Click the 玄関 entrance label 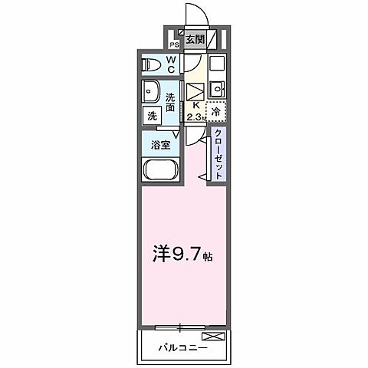click(x=195, y=40)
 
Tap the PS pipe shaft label click(x=174, y=44)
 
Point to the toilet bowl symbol click(x=150, y=64)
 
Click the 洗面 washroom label click(x=171, y=100)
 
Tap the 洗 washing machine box click(x=150, y=116)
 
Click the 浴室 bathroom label click(x=160, y=143)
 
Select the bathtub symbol click(x=160, y=171)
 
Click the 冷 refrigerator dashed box click(x=216, y=112)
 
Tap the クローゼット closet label click(x=219, y=153)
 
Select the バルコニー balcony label click(x=183, y=347)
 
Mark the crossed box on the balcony click(x=215, y=337)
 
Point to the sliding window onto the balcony click(x=181, y=327)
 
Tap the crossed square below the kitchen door click(x=193, y=89)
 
